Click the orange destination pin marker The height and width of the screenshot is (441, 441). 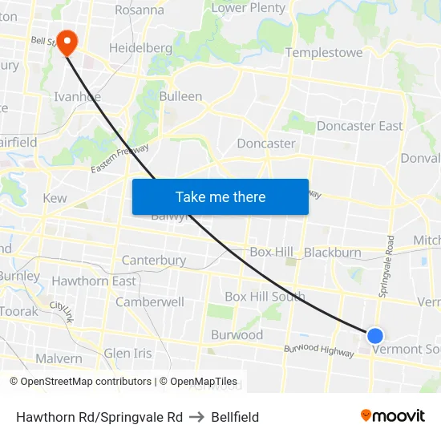pos(66,42)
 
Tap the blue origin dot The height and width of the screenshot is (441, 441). pos(374,335)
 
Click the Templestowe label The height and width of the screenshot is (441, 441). pos(324,53)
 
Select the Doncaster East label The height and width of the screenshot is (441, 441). pos(359,126)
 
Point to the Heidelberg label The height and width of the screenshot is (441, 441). pos(140,48)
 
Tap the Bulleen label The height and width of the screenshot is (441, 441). pos(180,96)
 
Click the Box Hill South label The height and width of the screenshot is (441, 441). pos(265,296)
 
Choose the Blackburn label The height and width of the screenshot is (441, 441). pos(333,252)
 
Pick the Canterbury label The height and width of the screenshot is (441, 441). pos(154,261)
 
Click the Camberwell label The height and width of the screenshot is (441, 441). pos(150,302)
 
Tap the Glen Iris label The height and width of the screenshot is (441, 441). pos(127,354)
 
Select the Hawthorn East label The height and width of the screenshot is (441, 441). pos(94,281)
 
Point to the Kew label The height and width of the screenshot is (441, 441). pos(55,198)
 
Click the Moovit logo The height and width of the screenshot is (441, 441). pos(392,415)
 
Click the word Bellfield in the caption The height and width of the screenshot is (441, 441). pos(235,417)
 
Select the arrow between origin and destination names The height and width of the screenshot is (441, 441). pos(196,417)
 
